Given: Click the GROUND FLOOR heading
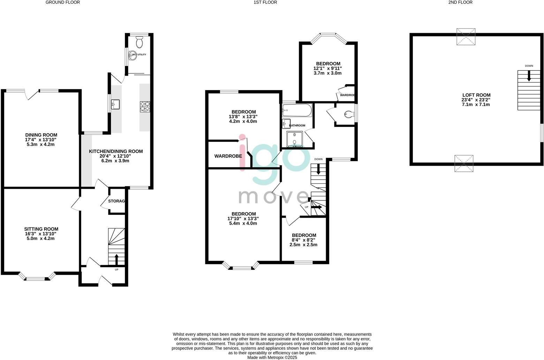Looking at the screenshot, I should pos(63,2).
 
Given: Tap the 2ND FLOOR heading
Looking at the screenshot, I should pos(460,2).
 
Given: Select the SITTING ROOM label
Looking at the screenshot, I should pos(41,229).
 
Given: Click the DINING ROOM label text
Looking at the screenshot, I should pos(41,135).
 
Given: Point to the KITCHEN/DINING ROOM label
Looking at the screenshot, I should pos(116,151).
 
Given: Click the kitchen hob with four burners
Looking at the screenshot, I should pos(145,106).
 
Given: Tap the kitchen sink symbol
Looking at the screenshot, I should pos(115,104).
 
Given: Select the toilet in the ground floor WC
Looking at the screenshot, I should pos(139,42).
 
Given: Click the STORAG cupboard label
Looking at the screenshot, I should pos(116,201).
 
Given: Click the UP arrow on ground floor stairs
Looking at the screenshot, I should pos(116,260).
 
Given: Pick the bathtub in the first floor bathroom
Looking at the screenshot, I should pos(296,110).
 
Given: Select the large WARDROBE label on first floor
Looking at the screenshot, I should pos(228,156).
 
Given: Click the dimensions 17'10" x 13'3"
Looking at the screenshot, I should pos(243,219).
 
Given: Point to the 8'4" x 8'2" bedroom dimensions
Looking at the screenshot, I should pos(304,240).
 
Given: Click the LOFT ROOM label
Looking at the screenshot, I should pos(476,95).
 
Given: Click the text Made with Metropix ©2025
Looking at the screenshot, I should pos(272,358).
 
